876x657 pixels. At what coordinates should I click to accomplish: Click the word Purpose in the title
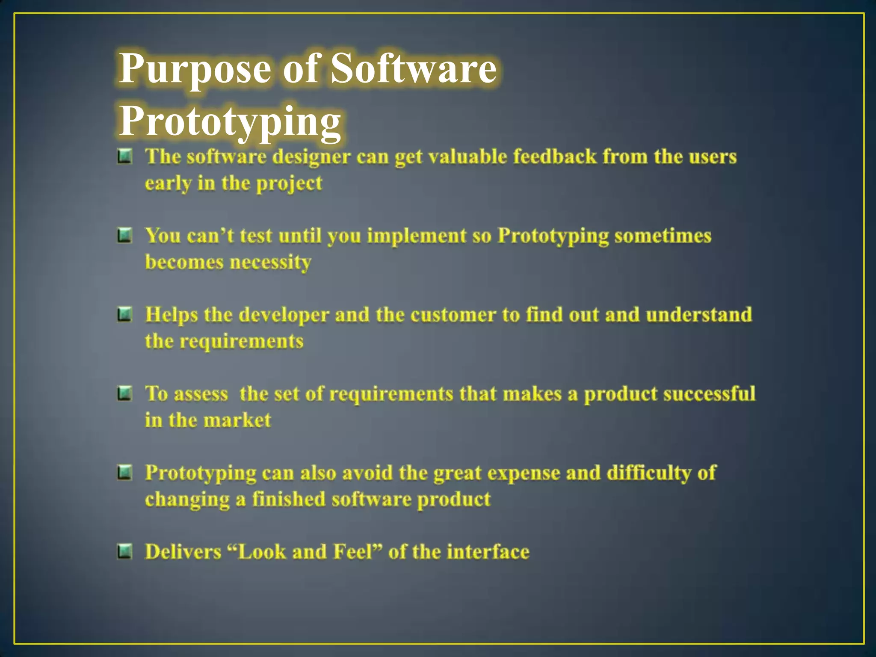[x=195, y=68]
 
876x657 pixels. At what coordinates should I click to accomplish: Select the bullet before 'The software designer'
[x=124, y=156]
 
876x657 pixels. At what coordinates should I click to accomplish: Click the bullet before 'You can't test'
[x=124, y=235]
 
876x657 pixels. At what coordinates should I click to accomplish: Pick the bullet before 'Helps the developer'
[x=124, y=315]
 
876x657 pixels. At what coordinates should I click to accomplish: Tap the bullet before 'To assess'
[x=124, y=394]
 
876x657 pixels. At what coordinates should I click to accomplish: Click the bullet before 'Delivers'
[x=124, y=551]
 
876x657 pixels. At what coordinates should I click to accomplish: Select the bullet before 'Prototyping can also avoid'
[x=124, y=473]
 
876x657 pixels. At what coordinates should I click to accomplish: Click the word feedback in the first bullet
[x=554, y=157]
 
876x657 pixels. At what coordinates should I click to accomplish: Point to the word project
[x=289, y=184]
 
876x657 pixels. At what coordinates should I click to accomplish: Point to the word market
[x=237, y=420]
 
